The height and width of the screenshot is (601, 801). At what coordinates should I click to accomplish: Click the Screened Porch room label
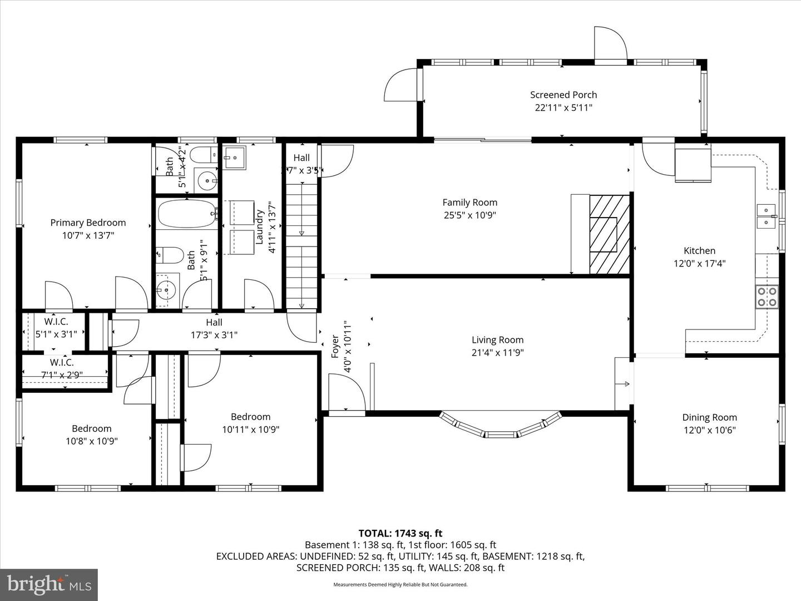(x=563, y=95)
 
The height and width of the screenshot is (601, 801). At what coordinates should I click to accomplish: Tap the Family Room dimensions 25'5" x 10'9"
(x=469, y=215)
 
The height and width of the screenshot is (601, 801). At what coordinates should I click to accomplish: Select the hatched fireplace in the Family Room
(x=610, y=234)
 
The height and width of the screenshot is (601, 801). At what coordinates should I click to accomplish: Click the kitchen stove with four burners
(x=767, y=297)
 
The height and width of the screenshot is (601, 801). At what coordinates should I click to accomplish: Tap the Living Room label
(x=497, y=340)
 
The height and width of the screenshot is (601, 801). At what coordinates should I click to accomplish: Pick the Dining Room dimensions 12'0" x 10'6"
(x=709, y=430)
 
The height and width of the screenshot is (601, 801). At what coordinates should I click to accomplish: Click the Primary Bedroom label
(x=88, y=223)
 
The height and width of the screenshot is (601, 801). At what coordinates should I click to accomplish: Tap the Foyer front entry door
(x=347, y=394)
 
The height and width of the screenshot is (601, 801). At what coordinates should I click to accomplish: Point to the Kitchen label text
(x=699, y=251)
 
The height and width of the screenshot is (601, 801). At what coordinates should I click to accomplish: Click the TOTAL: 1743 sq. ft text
(x=400, y=534)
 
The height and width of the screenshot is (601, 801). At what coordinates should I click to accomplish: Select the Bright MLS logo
(x=49, y=584)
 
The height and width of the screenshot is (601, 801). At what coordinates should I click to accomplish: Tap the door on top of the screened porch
(x=610, y=43)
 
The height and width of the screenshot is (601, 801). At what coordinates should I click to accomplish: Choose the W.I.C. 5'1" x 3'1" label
(x=56, y=328)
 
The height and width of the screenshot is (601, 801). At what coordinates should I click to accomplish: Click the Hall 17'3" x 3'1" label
(x=214, y=329)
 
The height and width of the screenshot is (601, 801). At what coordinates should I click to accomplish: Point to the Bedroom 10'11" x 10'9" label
(x=250, y=423)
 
